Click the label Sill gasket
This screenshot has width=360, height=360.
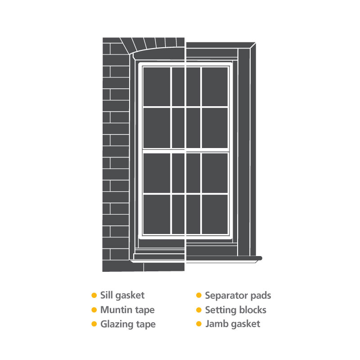122,296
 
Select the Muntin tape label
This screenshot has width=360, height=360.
127,310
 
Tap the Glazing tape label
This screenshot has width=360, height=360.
128,324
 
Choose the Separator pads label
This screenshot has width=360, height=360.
238,296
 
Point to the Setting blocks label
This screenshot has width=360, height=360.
236,310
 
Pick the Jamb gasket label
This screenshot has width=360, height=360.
233,324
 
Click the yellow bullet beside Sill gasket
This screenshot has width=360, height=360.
94,296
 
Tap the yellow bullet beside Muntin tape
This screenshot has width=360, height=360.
94,310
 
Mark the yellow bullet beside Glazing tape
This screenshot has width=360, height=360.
94,324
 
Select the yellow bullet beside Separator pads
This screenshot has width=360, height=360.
198,296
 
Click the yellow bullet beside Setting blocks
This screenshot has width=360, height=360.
198,310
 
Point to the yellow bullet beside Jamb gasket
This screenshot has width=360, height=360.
198,324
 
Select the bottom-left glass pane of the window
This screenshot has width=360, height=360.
157,214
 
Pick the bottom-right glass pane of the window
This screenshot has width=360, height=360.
215,214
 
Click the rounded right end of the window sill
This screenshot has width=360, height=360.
260,258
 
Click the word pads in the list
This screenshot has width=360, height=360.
260,296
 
